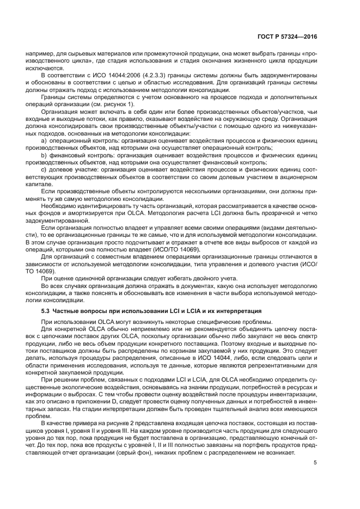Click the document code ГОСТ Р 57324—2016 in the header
(x=288, y=38)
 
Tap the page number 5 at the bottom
(x=315, y=462)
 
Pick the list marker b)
(x=44, y=155)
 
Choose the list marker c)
(x=44, y=169)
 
